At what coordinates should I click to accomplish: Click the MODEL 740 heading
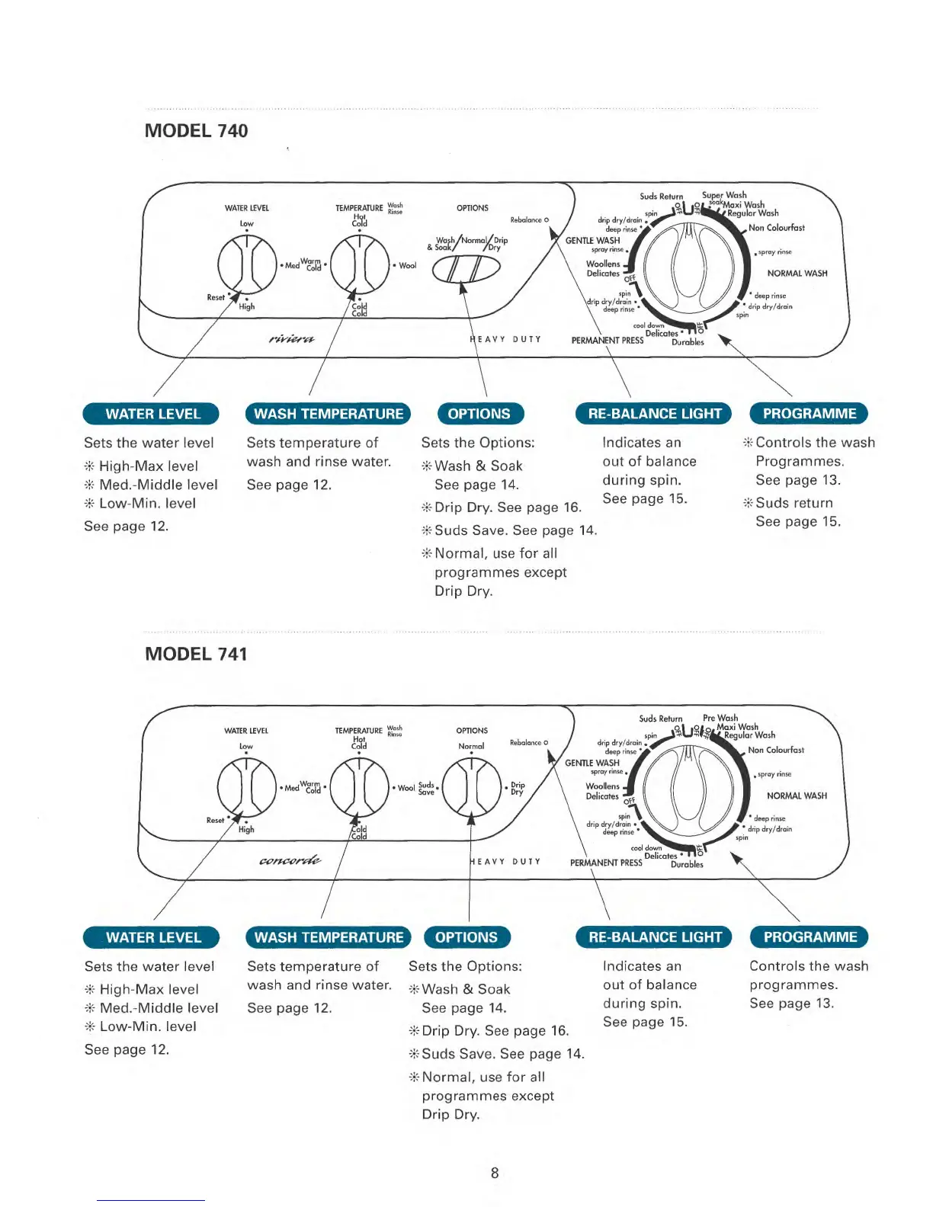coord(196,131)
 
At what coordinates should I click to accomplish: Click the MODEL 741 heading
coord(196,655)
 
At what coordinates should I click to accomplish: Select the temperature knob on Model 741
coord(359,787)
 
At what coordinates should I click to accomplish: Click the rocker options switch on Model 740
coord(466,268)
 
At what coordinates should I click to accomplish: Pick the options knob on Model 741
coord(471,787)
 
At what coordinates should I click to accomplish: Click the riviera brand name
coord(291,338)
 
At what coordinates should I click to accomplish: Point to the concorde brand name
coord(290,861)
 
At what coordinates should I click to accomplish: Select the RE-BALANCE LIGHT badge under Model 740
coord(654,414)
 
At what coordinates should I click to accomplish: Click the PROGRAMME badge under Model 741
coord(810,937)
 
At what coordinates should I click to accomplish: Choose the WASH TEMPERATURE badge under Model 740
coord(328,414)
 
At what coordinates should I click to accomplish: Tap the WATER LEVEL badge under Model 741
coord(152,937)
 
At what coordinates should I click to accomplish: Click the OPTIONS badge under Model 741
coord(466,937)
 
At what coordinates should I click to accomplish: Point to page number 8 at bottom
coord(495,1173)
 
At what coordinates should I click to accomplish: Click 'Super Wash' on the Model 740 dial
coord(724,195)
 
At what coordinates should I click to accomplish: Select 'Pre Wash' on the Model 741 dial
coord(720,718)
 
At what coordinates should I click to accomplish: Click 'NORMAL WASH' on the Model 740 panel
coord(797,274)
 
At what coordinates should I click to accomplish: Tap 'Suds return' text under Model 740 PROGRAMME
coord(794,503)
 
